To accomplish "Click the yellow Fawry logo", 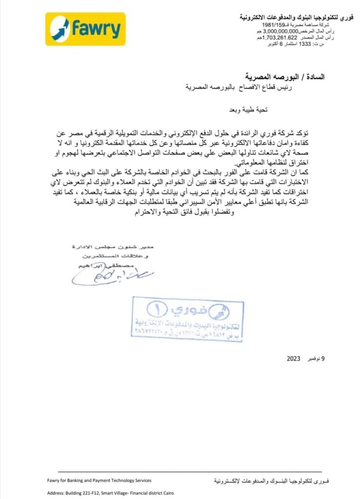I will point(85,29).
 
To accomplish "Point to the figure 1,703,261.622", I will point(280,38).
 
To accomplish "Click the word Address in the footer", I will point(57,493).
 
